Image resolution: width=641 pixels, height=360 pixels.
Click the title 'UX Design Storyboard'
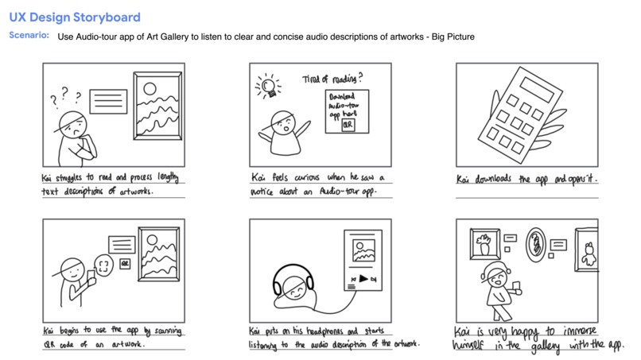(75, 17)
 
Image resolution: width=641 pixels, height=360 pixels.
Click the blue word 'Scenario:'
(29, 36)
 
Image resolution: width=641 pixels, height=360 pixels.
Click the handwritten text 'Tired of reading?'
(333, 78)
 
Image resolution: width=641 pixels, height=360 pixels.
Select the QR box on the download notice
(347, 125)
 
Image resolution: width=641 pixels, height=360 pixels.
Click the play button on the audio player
(362, 279)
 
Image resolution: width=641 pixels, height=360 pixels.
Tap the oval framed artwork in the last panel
(538, 243)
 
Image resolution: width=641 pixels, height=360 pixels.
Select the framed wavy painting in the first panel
(157, 110)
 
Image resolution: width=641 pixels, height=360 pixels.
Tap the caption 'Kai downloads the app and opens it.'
(526, 180)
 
